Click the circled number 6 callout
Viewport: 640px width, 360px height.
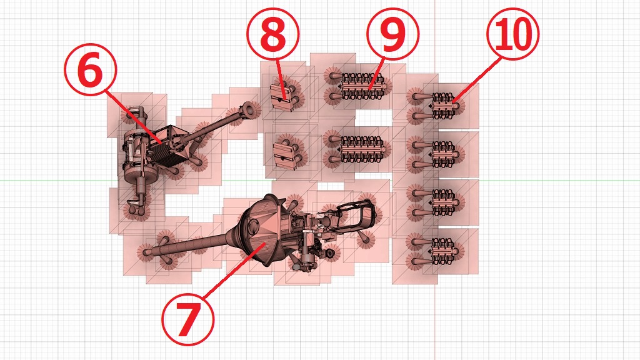90,69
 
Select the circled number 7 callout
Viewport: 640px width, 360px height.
187,319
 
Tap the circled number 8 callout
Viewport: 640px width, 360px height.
272,34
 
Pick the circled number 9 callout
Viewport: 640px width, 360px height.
392,34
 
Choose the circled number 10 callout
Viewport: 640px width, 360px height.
512,34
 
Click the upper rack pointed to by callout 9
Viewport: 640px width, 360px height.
362,86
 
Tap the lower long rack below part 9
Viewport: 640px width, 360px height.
362,149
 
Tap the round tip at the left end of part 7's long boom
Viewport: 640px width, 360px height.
146,251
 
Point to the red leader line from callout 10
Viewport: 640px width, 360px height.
476,80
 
